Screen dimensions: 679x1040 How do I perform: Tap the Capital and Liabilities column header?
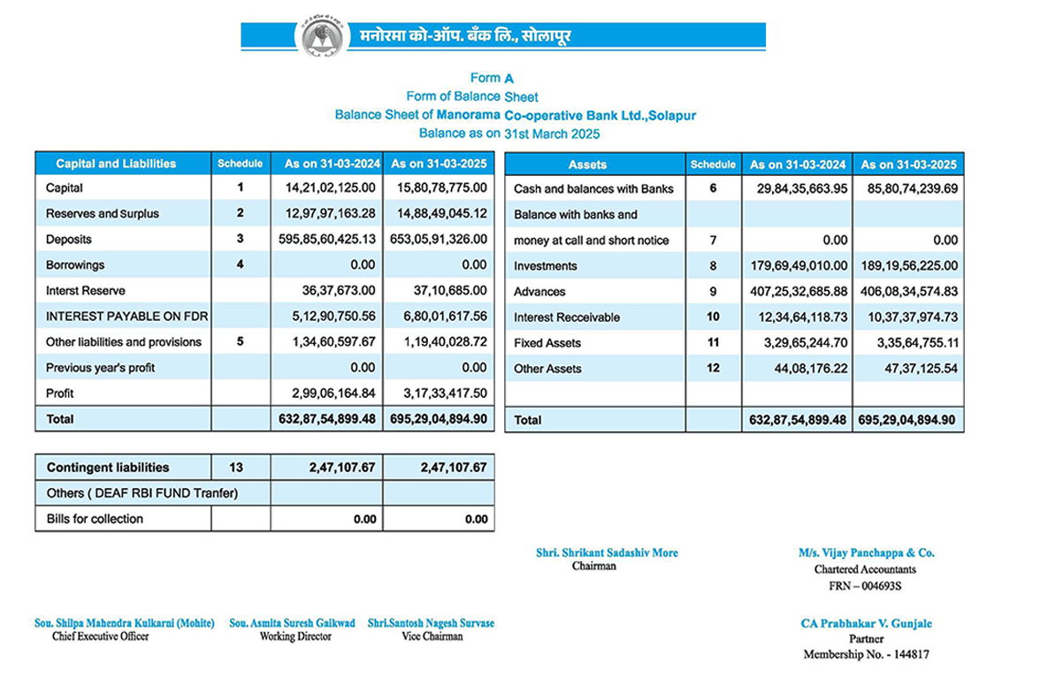click(x=116, y=164)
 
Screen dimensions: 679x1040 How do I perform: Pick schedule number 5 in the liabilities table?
click(x=240, y=341)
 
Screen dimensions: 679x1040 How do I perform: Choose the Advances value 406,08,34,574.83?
click(x=911, y=291)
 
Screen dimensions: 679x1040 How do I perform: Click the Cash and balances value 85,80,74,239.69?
click(x=911, y=188)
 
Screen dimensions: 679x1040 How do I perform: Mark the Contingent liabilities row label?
click(x=107, y=467)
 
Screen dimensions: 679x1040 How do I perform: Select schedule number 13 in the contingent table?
click(x=240, y=467)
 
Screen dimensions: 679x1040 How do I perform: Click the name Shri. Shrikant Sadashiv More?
click(x=607, y=553)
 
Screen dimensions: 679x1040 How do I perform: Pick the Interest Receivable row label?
click(x=567, y=317)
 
